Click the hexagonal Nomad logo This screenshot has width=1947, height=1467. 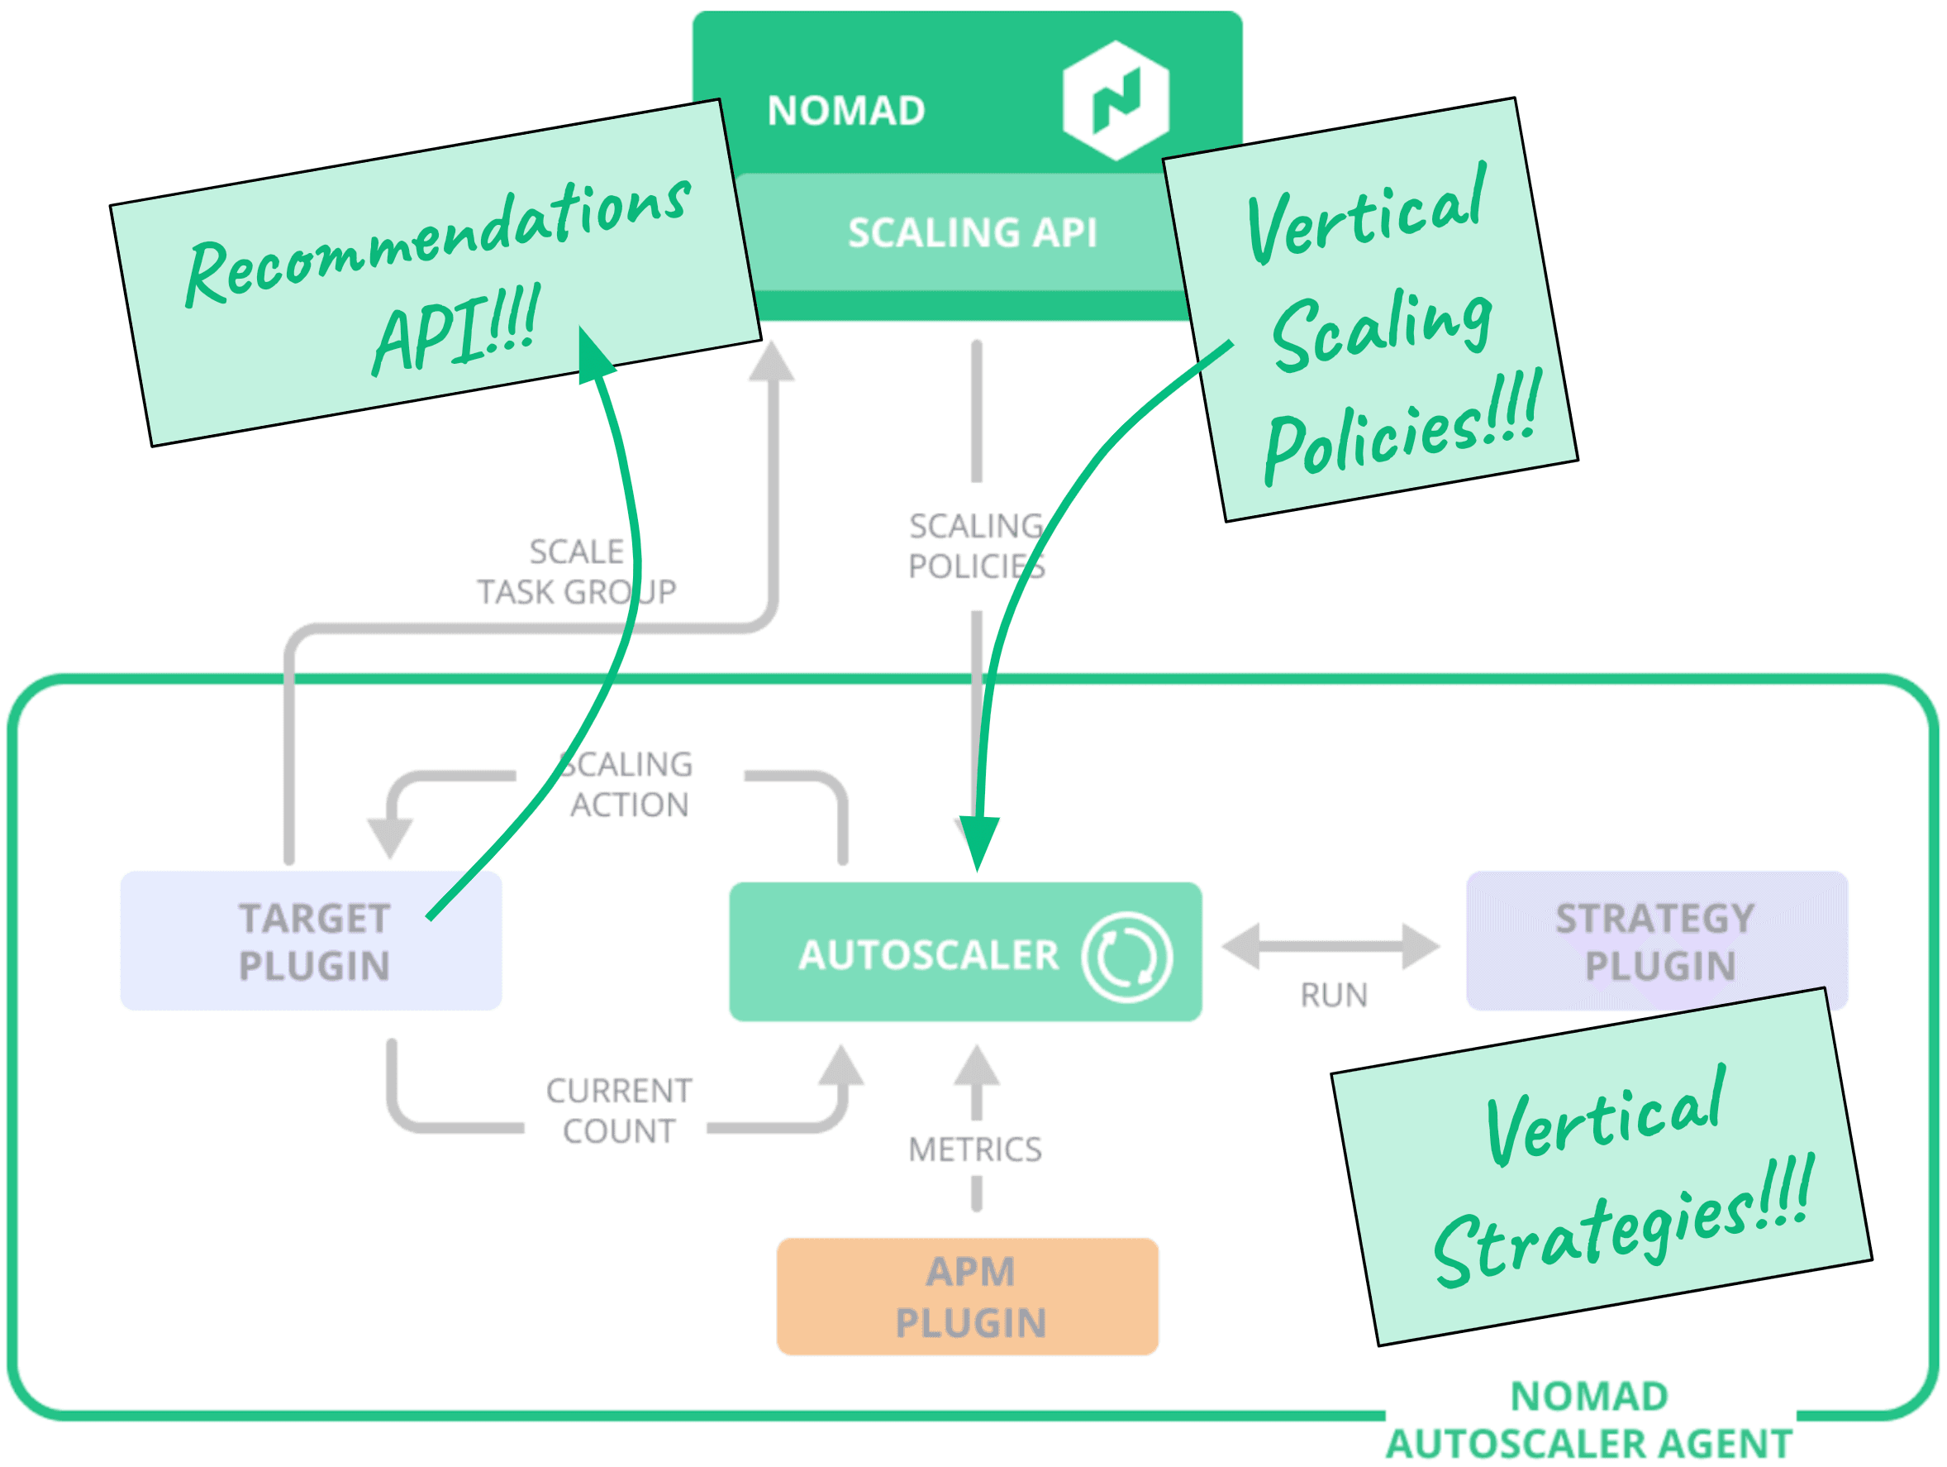[1115, 99]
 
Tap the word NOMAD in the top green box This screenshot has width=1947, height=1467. [846, 111]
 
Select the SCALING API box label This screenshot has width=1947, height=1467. [972, 232]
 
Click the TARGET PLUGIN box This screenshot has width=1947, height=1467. [312, 941]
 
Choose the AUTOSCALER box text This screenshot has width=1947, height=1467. [928, 955]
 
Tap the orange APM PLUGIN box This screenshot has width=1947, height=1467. [968, 1297]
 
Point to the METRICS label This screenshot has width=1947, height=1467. [975, 1150]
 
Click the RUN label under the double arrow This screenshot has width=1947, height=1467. [1334, 996]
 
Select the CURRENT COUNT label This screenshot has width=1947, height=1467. [619, 1111]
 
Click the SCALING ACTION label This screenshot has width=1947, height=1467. [628, 785]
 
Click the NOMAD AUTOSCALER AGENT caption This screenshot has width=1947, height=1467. [1589, 1419]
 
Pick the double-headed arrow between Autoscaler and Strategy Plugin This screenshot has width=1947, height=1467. [1331, 947]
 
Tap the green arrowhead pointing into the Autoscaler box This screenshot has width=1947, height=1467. [978, 840]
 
